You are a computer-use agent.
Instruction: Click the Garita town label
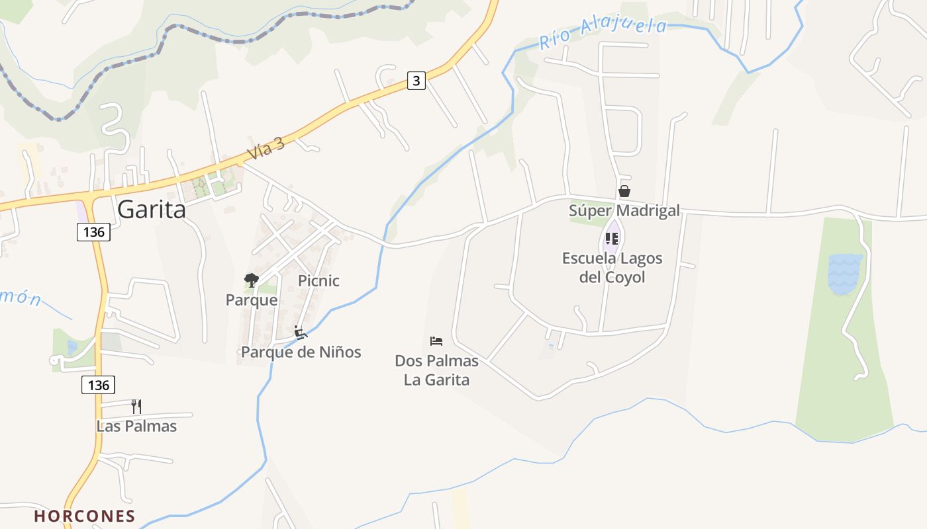coord(152,210)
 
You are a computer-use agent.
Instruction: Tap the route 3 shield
coord(416,81)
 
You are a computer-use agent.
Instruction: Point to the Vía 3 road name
coord(266,149)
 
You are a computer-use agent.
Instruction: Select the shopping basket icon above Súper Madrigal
coord(624,192)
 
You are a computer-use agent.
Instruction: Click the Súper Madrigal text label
coord(624,211)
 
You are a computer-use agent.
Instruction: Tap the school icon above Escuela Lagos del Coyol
coord(612,239)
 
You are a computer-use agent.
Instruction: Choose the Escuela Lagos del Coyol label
coord(612,267)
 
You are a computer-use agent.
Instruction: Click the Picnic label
coord(318,281)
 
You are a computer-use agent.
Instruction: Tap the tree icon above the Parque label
coord(251,280)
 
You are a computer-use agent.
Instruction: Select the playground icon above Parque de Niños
coord(301,332)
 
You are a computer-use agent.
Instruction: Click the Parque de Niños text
coord(301,352)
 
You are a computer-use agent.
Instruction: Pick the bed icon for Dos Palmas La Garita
coord(436,341)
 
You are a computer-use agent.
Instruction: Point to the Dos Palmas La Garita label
coord(436,370)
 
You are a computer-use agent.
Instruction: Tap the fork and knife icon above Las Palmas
coord(136,406)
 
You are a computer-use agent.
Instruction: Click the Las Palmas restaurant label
coord(136,426)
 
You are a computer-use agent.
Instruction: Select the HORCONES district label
coord(85,516)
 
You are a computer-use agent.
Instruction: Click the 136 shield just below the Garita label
coord(93,232)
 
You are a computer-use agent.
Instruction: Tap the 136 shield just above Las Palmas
coord(98,385)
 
